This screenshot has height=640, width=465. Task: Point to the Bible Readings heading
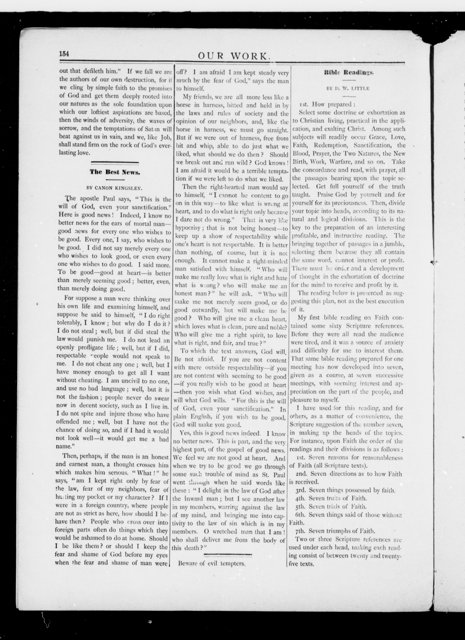coord(349,73)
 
